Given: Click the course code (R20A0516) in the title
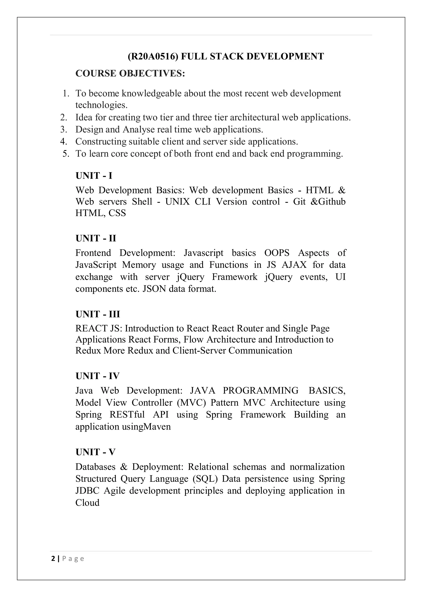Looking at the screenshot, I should pyautogui.click(x=153, y=56).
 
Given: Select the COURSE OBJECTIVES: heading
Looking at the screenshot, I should pyautogui.click(x=130, y=74).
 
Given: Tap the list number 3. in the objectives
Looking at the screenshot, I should pyautogui.click(x=64, y=129).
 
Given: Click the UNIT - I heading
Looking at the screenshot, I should pyautogui.click(x=94, y=176).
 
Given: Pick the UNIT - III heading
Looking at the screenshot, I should pyautogui.click(x=98, y=314).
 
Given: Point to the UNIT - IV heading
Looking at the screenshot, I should pyautogui.click(x=97, y=376).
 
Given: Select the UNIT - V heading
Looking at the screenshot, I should pyautogui.click(x=95, y=452).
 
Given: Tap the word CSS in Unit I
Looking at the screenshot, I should pyautogui.click(x=117, y=213).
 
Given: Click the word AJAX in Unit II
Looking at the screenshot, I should pyautogui.click(x=294, y=265).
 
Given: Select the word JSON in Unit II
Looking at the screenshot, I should pyautogui.click(x=154, y=289).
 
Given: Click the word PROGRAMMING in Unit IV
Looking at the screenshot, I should pyautogui.click(x=261, y=391).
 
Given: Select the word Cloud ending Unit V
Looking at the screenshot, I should pyautogui.click(x=87, y=503).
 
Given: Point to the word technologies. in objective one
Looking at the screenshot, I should pyautogui.click(x=101, y=105).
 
